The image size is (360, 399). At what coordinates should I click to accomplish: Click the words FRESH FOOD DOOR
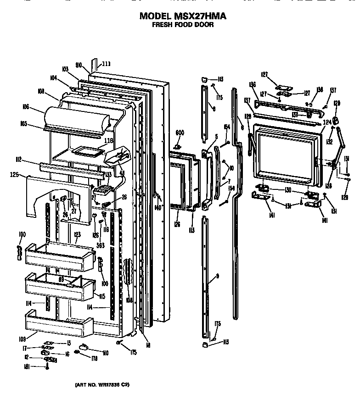183,25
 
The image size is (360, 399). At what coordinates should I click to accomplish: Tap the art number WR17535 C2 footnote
102,384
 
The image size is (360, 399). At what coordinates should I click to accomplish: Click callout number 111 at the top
106,64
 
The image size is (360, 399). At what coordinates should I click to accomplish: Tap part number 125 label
15,174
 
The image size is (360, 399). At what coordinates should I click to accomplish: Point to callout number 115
102,296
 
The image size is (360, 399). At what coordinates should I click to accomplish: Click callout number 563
101,246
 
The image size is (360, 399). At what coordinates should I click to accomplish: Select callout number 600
180,133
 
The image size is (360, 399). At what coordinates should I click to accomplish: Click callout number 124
327,122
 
